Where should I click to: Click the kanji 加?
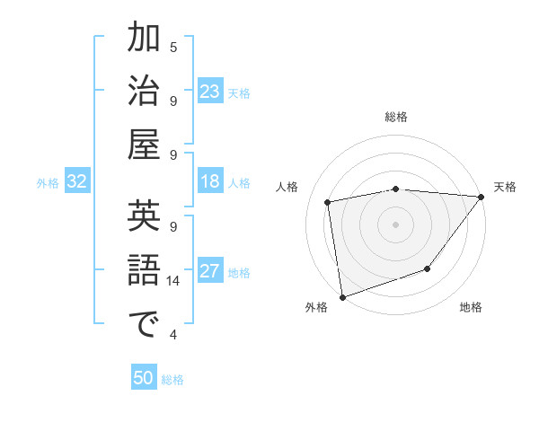pyautogui.click(x=144, y=39)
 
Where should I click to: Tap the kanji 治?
pyautogui.click(x=144, y=91)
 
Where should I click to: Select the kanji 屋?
pyautogui.click(x=144, y=144)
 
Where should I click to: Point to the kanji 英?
pyautogui.click(x=144, y=217)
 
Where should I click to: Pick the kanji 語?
pyautogui.click(x=144, y=270)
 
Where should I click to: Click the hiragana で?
pyautogui.click(x=144, y=323)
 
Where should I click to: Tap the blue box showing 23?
pyautogui.click(x=210, y=91)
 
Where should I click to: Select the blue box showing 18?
pyautogui.click(x=210, y=181)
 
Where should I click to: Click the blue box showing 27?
pyautogui.click(x=210, y=271)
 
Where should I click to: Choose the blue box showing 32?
pyautogui.click(x=77, y=181)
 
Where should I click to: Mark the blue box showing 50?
pyautogui.click(x=144, y=378)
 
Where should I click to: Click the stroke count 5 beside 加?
pyautogui.click(x=173, y=47)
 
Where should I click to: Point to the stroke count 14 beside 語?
pyautogui.click(x=173, y=281)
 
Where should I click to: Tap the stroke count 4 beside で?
pyautogui.click(x=173, y=335)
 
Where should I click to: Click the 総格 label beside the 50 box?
pyautogui.click(x=172, y=380)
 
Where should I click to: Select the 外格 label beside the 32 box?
pyautogui.click(x=48, y=183)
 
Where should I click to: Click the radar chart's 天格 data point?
pyautogui.click(x=482, y=198)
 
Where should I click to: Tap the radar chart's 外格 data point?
pyautogui.click(x=342, y=296)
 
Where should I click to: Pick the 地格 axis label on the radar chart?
pyautogui.click(x=471, y=308)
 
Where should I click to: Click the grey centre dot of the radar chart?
pyautogui.click(x=395, y=224)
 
